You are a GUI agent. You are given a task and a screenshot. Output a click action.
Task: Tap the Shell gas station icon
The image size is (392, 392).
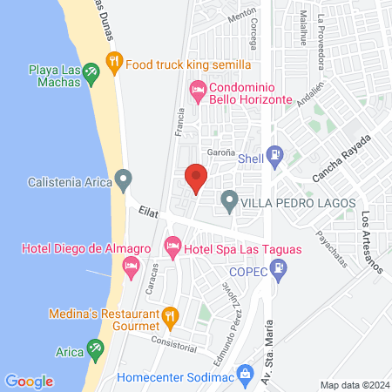(x=274, y=157)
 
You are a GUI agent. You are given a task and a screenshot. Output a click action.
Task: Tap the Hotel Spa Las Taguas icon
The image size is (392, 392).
(x=173, y=249)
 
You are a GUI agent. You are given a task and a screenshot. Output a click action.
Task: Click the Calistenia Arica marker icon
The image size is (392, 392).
(x=124, y=182)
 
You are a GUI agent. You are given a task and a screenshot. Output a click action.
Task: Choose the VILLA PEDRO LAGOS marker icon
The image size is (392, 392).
(x=229, y=202)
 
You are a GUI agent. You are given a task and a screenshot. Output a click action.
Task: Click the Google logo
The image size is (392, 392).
(x=29, y=381)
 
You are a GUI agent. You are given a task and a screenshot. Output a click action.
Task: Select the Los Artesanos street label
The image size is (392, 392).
(x=373, y=242)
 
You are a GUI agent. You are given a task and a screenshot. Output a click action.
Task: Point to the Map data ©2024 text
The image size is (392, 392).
(x=353, y=384)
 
